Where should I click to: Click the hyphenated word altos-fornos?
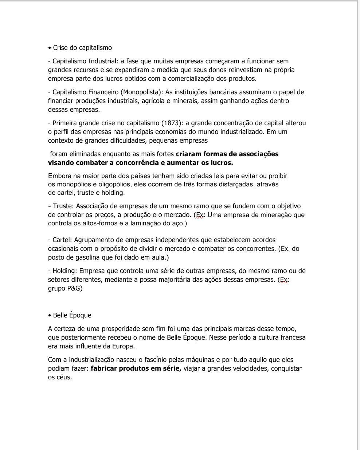[x=100, y=223]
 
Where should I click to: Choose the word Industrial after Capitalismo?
[x=103, y=61]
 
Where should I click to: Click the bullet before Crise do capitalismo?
[x=50, y=48]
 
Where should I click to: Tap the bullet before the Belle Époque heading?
[x=50, y=316]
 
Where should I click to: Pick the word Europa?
[x=124, y=346]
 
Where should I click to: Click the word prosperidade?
[x=120, y=329]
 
